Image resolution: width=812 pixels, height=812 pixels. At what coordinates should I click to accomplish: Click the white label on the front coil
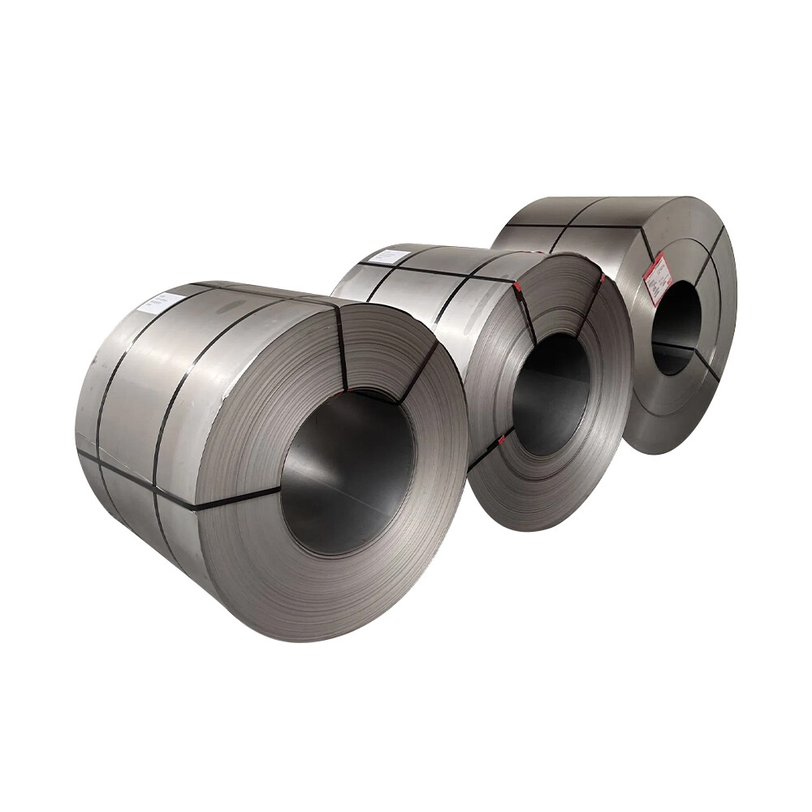(161, 303)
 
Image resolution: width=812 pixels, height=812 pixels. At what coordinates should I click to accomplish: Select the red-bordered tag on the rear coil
(658, 279)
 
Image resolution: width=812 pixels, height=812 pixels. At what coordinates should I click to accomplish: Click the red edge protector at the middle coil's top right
(602, 278)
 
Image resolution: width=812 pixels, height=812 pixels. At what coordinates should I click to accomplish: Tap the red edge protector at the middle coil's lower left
(501, 441)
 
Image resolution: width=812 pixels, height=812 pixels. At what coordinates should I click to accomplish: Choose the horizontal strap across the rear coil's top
(568, 226)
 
